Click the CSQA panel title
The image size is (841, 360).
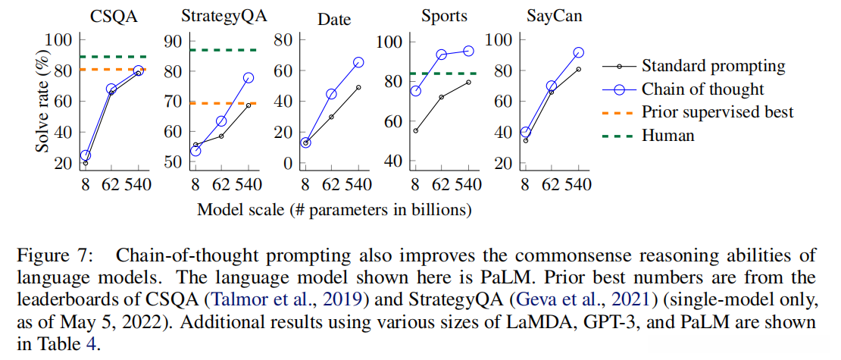point(115,16)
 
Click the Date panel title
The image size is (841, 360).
point(333,19)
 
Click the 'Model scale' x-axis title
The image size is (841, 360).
point(335,209)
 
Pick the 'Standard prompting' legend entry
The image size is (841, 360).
point(713,67)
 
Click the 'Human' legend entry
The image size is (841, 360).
point(667,136)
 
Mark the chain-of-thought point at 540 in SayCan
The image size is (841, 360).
point(579,53)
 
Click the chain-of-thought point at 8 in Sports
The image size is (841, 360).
point(415,91)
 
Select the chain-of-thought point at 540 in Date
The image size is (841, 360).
point(358,62)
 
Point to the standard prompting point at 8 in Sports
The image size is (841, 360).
point(415,130)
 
